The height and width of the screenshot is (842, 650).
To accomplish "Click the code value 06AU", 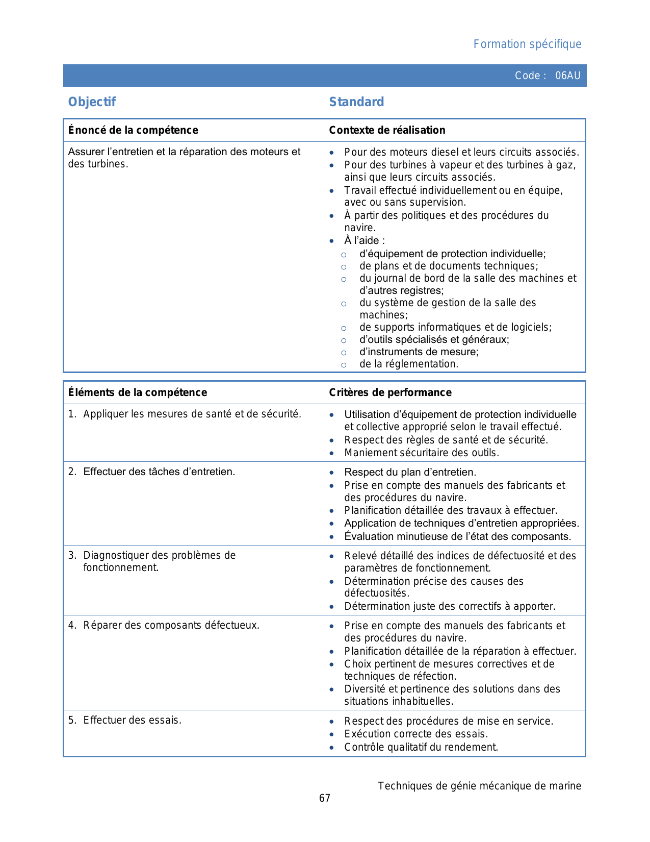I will coord(567,76).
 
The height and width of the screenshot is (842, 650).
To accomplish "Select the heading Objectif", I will coord(92,102).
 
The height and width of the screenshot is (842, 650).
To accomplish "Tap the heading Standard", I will coord(356,102).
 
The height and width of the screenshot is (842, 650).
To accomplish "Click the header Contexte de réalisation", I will coord(387,130).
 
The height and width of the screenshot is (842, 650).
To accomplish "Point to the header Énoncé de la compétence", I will coord(133,130).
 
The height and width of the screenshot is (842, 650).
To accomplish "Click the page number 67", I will coord(325,798).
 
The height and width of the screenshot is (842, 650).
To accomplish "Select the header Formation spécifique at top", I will coord(527,44).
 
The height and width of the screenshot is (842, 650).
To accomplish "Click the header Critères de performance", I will coord(390,392).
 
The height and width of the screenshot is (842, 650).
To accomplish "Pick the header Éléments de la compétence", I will coord(138,392).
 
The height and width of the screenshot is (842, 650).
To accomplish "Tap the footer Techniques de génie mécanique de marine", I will coord(479,786).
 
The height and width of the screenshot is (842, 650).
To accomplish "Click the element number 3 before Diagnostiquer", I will coord(72,555).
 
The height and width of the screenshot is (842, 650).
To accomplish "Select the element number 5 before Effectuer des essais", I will coord(72,720).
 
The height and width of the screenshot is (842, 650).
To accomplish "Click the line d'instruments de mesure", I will coord(419,352).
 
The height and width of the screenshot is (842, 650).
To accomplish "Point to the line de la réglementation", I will coord(408,364).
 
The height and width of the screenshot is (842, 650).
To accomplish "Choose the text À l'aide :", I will coord(364,240).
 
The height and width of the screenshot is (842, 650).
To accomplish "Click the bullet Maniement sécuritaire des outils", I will coord(421,453).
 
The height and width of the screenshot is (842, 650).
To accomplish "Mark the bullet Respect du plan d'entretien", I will coord(410,472).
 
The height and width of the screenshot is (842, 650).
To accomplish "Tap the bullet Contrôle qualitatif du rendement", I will coord(421,747).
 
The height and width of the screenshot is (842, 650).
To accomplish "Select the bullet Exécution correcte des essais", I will coord(415,734).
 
